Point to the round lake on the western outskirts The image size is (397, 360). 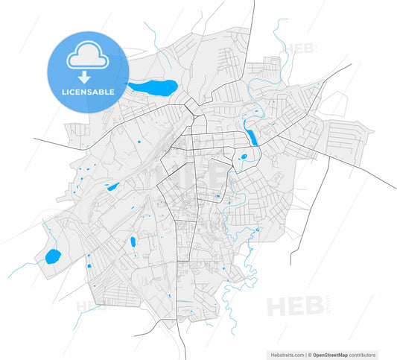[x=52, y=257]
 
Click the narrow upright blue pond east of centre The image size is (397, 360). [x=251, y=136]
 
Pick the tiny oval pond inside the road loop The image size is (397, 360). [x=243, y=157]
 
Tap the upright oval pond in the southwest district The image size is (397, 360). [x=133, y=241]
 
